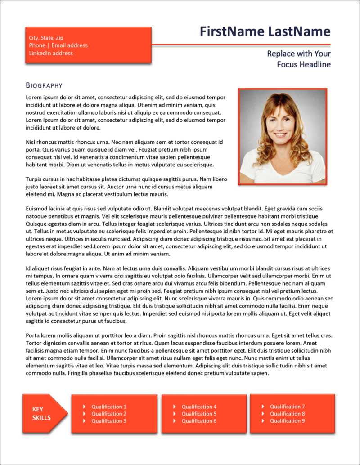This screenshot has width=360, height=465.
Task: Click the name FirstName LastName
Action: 265,31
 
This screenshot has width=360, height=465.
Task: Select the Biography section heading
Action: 44,85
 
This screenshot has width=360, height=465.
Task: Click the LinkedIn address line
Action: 51,53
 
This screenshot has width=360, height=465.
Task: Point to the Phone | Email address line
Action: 58,45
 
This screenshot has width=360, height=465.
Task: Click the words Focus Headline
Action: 304,64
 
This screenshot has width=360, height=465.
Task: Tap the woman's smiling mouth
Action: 280,134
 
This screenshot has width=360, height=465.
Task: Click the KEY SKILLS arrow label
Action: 41,414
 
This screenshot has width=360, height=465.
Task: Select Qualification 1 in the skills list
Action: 109,407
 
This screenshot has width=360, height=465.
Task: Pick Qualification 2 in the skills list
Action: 109,414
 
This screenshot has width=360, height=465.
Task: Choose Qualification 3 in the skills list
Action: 109,421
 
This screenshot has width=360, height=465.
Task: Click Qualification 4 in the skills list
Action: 199,407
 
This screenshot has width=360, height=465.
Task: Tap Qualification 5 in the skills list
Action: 199,414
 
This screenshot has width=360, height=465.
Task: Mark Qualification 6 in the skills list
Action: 199,421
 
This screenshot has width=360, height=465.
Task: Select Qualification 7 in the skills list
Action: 287,407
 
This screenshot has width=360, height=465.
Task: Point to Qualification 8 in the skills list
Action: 287,414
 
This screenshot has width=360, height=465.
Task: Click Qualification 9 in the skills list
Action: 287,421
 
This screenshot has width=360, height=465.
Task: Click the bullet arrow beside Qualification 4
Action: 174,407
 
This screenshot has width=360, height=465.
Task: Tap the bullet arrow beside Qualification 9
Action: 262,421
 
